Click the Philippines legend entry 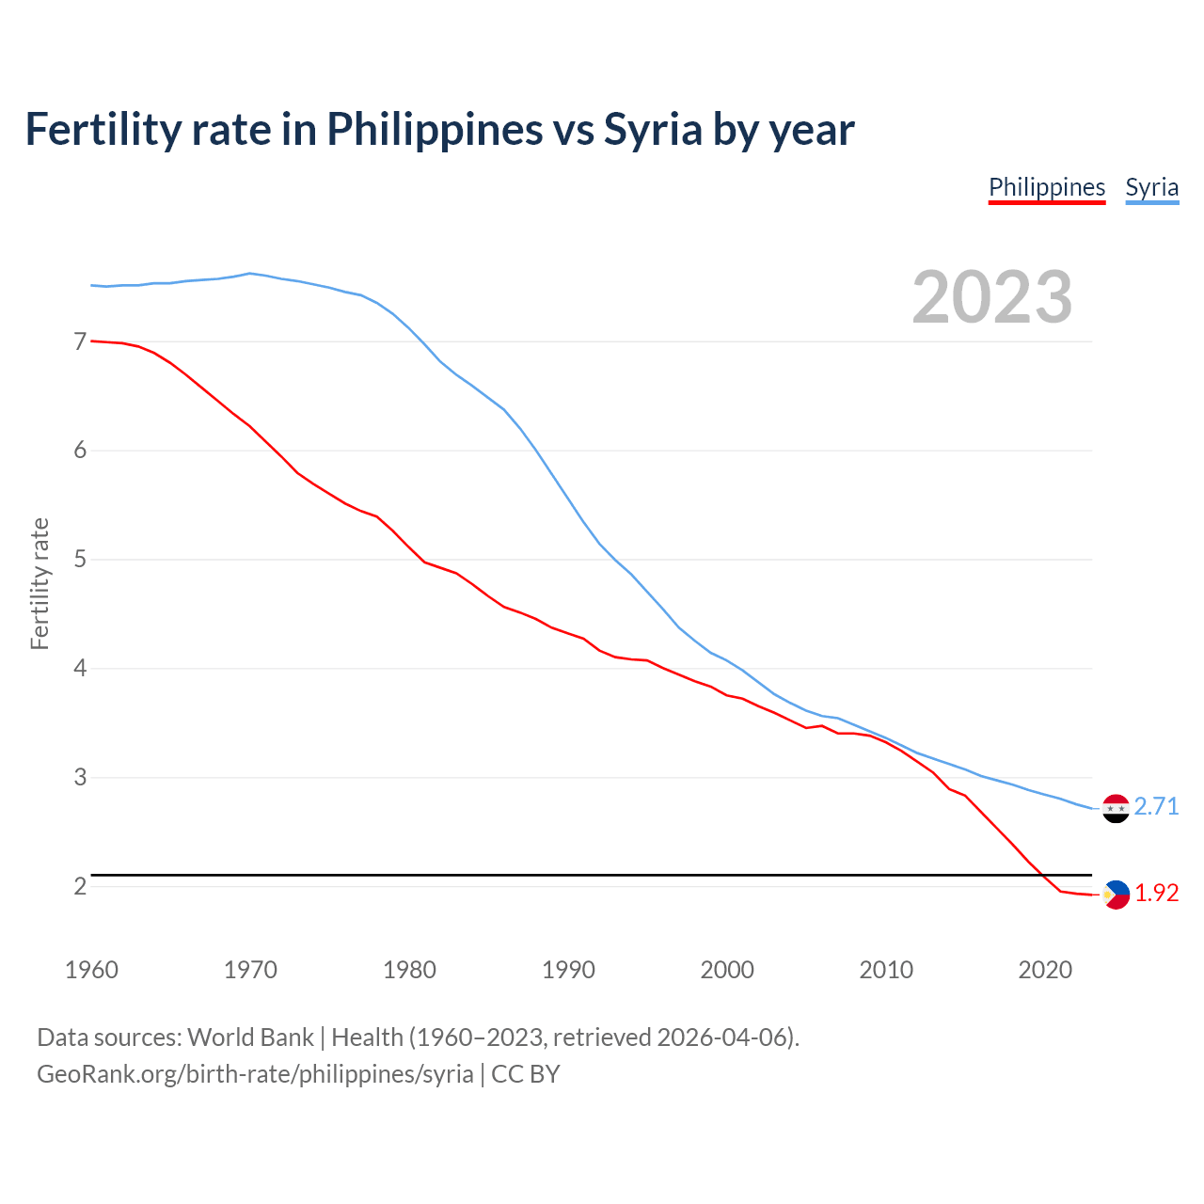coord(1046,187)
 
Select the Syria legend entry coord(1151,187)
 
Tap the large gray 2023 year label coord(991,297)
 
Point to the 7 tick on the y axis coord(80,341)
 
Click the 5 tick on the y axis coord(80,560)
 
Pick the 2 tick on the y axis coord(80,886)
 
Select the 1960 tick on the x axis coord(91,970)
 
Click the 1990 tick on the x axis coord(568,970)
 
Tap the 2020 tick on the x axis coord(1045,970)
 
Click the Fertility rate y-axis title coord(40,583)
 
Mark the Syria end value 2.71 coord(1156,807)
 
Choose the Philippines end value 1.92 coord(1156,894)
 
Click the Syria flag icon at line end coord(1116,808)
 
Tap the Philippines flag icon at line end coord(1116,895)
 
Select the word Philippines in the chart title coord(435,129)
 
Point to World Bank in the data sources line coord(250,1038)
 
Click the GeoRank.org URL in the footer coord(255,1074)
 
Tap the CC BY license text coord(526,1074)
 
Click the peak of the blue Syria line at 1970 coord(249,274)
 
